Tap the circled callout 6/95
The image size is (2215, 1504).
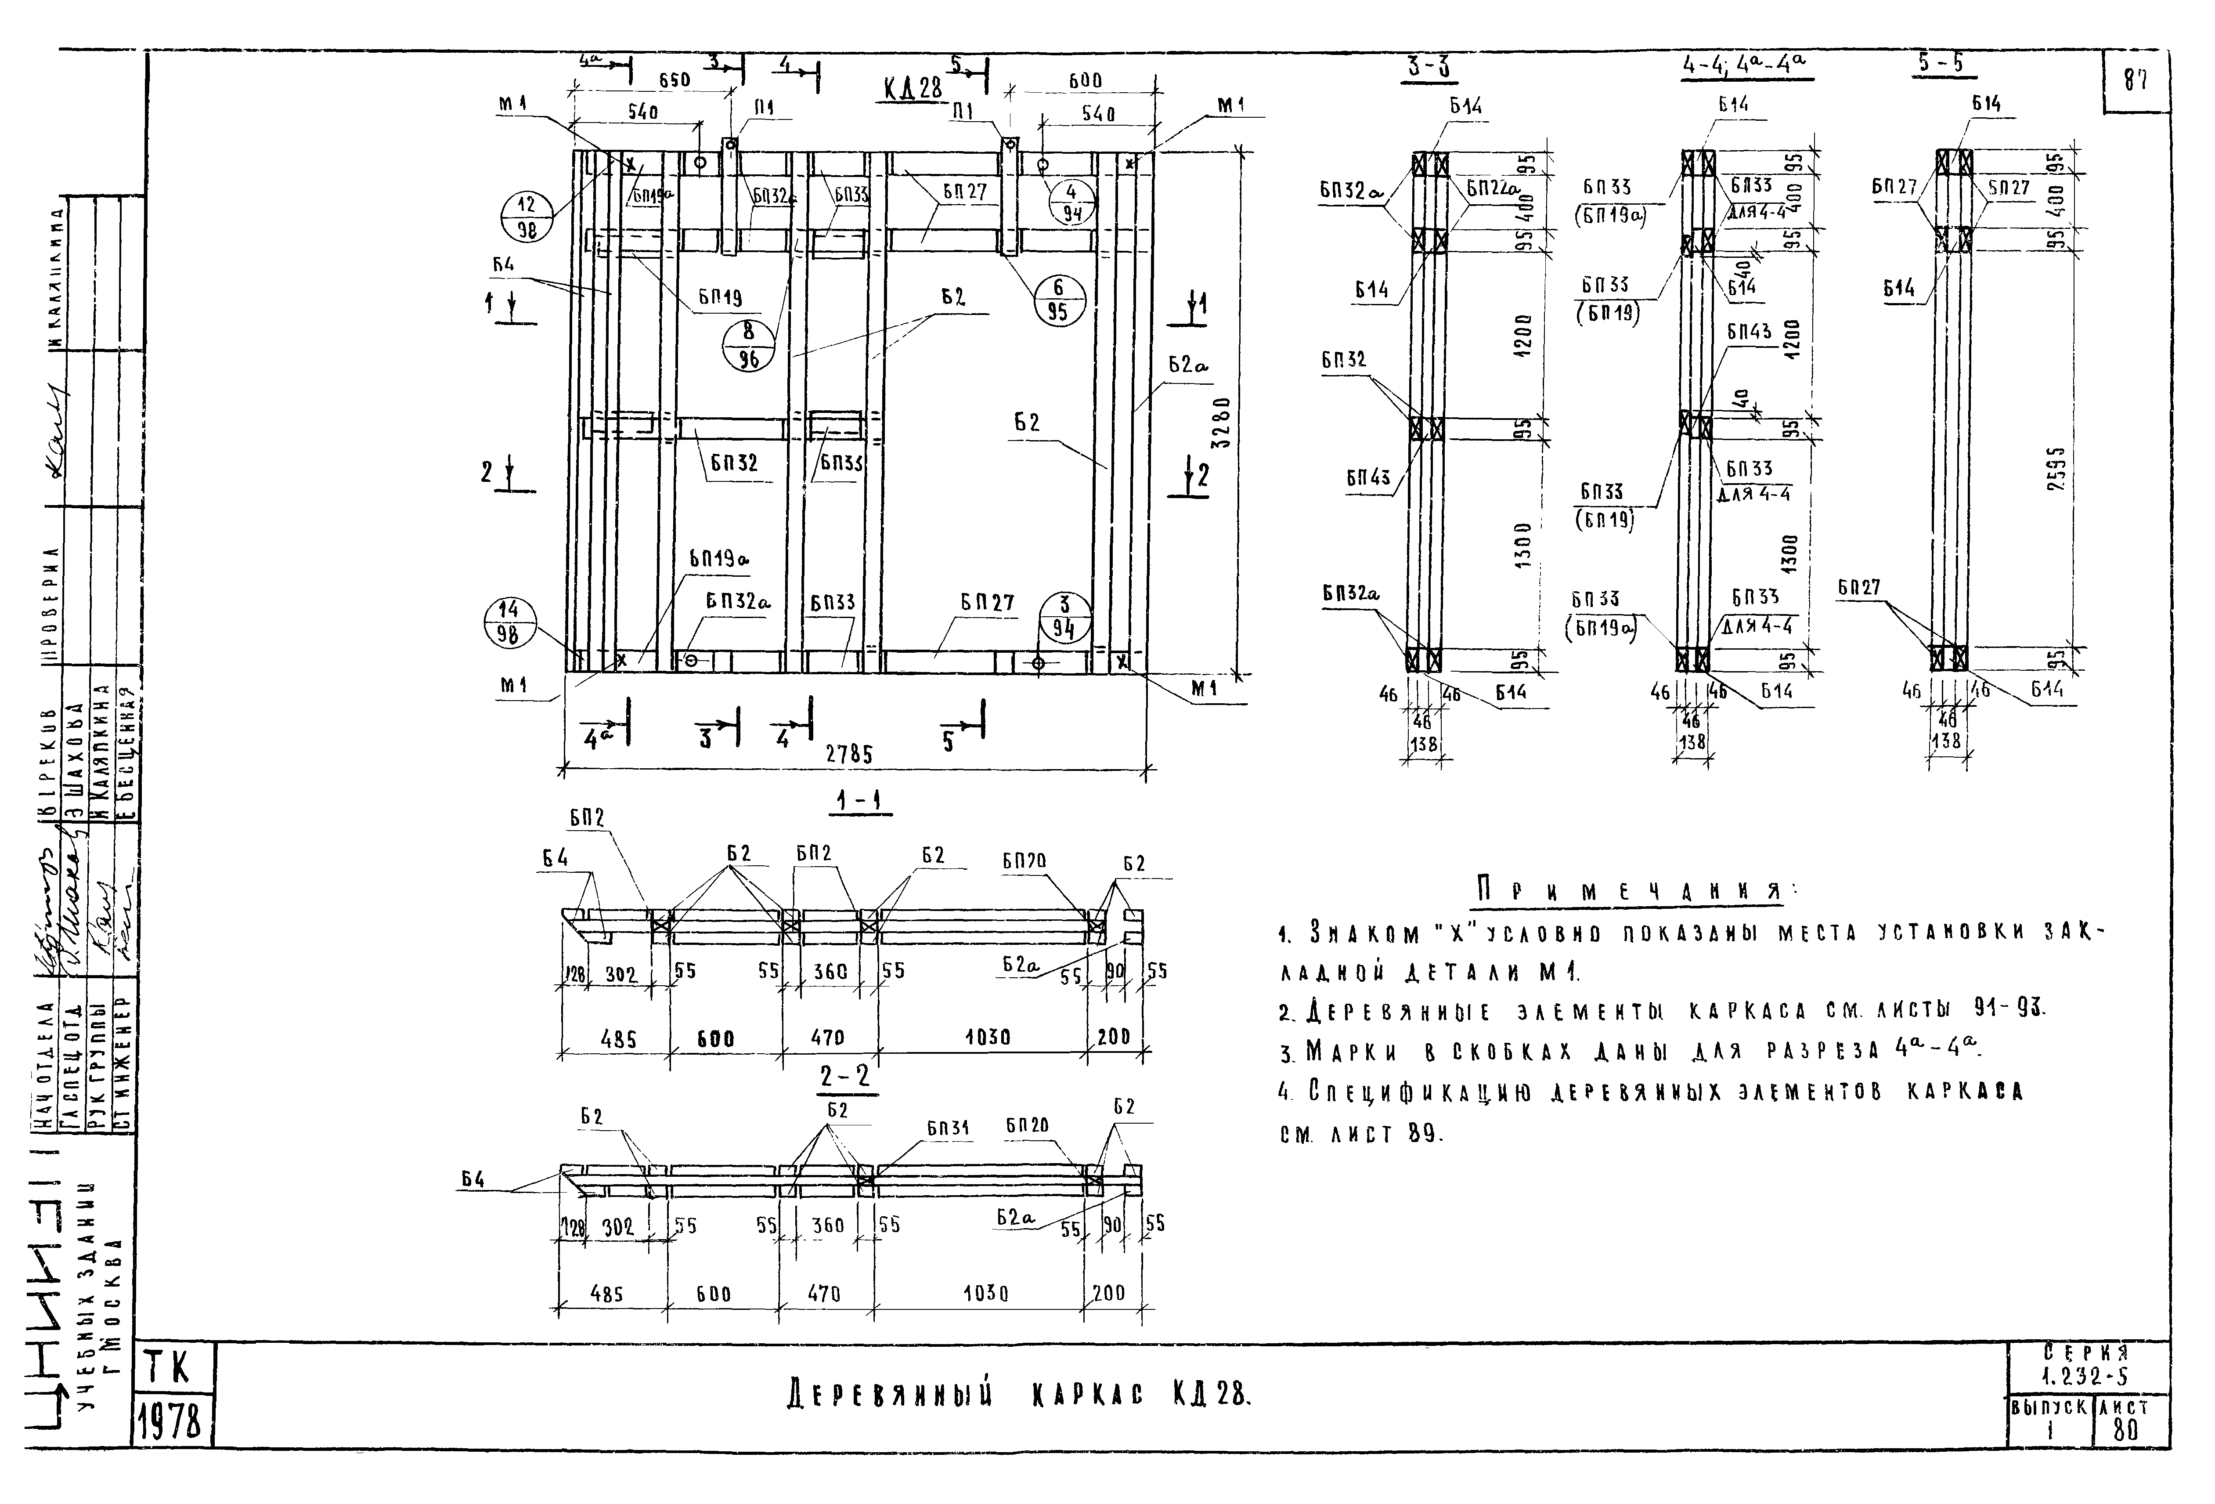(x=1058, y=300)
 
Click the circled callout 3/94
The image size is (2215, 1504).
(x=1064, y=617)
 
